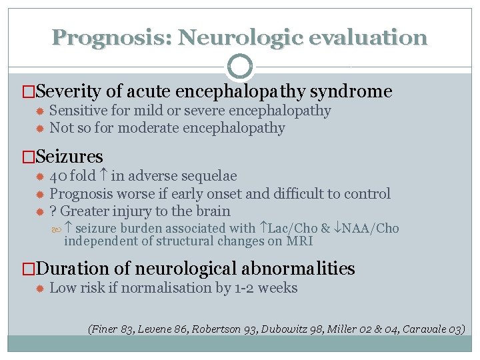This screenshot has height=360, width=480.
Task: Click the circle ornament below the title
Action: point(240,67)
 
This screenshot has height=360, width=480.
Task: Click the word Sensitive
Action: point(79,111)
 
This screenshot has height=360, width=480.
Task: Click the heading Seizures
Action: point(69,157)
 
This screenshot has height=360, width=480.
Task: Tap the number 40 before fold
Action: point(58,176)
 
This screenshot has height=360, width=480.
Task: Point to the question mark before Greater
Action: point(53,211)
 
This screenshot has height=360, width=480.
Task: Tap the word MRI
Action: point(299,241)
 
